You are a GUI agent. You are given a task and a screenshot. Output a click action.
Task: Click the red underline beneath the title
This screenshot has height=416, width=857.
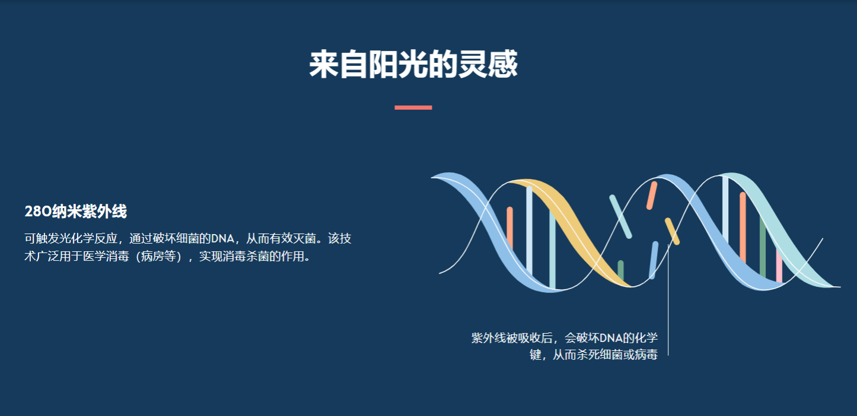(413, 107)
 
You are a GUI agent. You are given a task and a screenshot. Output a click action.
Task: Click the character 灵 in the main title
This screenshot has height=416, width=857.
(473, 64)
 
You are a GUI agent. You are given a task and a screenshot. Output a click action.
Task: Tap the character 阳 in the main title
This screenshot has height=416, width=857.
(384, 64)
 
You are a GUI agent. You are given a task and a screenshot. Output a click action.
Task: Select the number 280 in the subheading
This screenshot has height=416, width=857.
(38, 212)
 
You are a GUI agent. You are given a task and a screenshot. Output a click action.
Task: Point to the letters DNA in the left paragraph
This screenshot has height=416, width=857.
(223, 239)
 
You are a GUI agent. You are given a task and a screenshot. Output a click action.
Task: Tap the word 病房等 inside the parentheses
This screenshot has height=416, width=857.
(159, 256)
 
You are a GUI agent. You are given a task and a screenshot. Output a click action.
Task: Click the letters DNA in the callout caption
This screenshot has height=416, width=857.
(611, 338)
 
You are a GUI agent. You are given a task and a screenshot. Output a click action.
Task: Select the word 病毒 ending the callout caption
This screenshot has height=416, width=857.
(646, 354)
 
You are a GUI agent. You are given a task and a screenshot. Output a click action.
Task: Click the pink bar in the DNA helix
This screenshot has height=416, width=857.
(779, 265)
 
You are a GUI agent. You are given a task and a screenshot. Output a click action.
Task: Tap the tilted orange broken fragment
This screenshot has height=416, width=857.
(652, 196)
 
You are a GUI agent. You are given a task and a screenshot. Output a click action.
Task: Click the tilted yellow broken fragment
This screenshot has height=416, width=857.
(672, 231)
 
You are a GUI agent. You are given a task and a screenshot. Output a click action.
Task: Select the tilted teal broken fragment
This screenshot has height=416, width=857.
(620, 217)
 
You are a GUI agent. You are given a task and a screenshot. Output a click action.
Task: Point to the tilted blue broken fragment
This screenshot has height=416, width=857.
(654, 260)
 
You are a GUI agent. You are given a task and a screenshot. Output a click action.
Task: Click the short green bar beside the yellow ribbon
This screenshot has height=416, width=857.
(620, 271)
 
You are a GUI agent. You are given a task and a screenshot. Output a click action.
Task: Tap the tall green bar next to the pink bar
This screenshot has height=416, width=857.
(763, 247)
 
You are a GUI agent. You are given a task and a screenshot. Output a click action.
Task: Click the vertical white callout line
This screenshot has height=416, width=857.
(668, 300)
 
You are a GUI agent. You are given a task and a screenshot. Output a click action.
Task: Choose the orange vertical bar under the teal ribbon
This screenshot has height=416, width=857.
(743, 228)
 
